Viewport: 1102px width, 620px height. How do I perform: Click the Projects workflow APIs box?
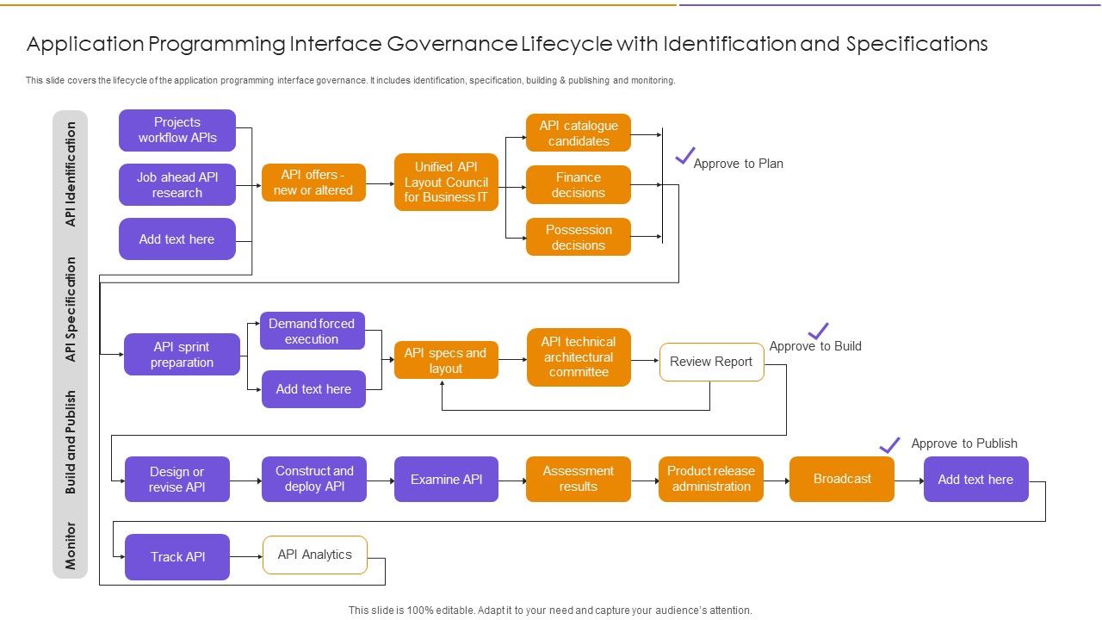pos(177,130)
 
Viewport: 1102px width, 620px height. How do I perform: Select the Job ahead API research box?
pos(177,184)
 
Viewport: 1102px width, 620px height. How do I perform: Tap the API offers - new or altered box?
pos(313,183)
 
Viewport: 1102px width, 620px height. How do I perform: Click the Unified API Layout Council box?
pos(446,183)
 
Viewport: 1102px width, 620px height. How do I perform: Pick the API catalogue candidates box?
pos(579,133)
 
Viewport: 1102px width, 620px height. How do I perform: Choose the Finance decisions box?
pos(579,185)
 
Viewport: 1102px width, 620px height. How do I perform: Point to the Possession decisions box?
pos(579,237)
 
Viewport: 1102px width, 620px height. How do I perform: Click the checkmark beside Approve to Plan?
pos(684,156)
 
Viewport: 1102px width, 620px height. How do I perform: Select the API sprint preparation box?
pos(182,354)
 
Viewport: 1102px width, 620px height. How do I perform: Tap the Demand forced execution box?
pos(312,331)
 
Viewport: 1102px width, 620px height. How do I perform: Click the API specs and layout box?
pos(446,360)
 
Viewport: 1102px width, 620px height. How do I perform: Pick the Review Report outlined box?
pos(711,362)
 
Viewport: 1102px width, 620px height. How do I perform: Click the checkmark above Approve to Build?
pos(818,331)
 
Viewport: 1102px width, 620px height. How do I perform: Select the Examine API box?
pos(446,479)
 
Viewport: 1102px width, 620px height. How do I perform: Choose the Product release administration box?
pos(711,479)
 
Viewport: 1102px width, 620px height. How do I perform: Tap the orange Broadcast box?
pos(842,479)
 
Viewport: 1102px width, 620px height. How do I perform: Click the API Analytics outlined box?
pos(315,555)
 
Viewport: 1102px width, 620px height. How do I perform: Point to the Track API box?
pos(177,556)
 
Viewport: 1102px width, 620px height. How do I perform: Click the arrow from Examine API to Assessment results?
pos(512,480)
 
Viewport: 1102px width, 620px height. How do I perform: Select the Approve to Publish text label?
pos(964,443)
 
